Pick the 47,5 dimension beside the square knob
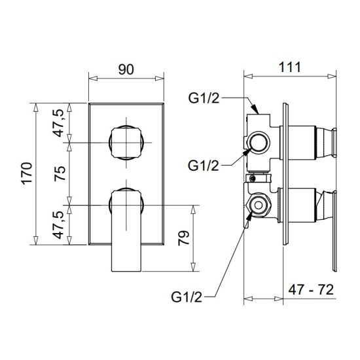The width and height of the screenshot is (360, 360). point(60,123)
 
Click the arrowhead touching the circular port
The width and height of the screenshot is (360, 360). point(247,150)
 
